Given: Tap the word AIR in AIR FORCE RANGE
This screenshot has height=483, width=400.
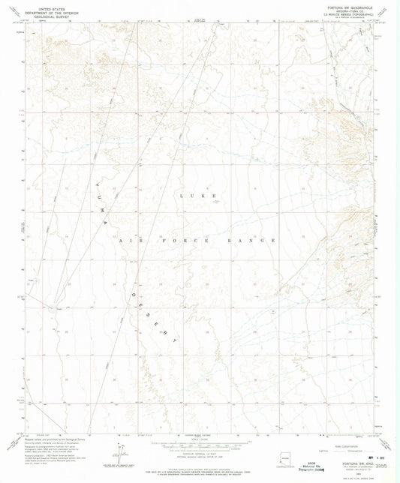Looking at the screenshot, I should coord(128,240).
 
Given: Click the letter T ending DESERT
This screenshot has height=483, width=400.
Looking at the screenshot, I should coord(177,340).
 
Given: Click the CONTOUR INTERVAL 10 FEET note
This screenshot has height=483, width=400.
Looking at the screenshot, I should coord(200,447).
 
